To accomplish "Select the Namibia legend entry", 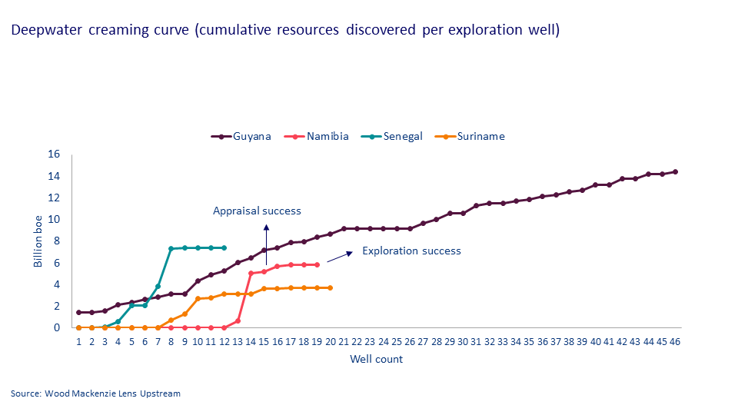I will tap(317, 137).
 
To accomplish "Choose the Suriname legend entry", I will tap(470, 137).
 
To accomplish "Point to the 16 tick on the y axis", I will tap(54, 154).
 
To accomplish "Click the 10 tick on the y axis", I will tap(54, 219).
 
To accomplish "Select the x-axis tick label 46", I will tap(675, 341).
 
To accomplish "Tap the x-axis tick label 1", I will tap(78, 341).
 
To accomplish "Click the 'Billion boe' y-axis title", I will tap(38, 241).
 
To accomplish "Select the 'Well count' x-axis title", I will tap(376, 359).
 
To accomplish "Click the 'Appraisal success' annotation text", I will tap(257, 211).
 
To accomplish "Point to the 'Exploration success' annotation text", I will tap(411, 251).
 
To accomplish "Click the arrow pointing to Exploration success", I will tap(339, 257).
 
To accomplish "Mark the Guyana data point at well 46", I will tap(675, 171).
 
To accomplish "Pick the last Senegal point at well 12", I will tap(224, 247).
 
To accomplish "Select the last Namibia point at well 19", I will tap(317, 264).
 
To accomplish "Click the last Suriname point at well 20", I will tap(330, 287).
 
